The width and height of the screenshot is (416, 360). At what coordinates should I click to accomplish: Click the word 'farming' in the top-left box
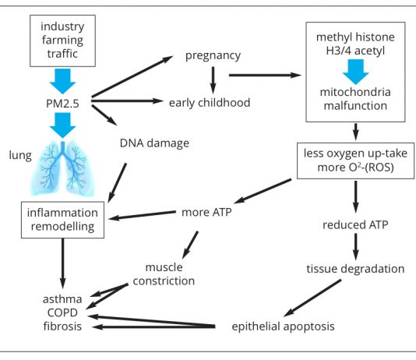pyautogui.click(x=62, y=41)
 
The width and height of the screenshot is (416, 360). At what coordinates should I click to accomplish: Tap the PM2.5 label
pyautogui.click(x=62, y=104)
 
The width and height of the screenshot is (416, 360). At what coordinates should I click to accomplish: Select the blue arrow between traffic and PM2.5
pyautogui.click(x=63, y=81)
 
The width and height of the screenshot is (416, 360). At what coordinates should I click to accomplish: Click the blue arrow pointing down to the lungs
pyautogui.click(x=63, y=125)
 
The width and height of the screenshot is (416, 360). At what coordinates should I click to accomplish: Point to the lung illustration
pyautogui.click(x=63, y=169)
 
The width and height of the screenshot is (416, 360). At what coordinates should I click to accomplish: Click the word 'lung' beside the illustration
pyautogui.click(x=20, y=156)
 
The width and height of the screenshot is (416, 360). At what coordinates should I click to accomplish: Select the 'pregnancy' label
pyautogui.click(x=213, y=56)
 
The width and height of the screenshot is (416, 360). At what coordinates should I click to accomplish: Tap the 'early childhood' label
pyautogui.click(x=210, y=103)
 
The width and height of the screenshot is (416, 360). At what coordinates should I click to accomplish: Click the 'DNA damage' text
pyautogui.click(x=154, y=143)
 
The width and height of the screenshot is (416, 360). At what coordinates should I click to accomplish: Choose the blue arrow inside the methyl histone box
pyautogui.click(x=356, y=72)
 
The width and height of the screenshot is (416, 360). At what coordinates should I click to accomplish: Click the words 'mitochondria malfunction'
pyautogui.click(x=355, y=99)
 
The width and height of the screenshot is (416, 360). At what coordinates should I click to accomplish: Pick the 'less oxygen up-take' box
pyautogui.click(x=355, y=161)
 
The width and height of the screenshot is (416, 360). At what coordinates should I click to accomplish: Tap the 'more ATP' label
pyautogui.click(x=206, y=212)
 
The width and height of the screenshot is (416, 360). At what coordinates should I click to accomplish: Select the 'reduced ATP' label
pyautogui.click(x=355, y=224)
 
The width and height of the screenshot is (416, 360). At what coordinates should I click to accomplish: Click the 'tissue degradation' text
pyautogui.click(x=355, y=269)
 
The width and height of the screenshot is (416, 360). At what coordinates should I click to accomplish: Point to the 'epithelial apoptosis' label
pyautogui.click(x=283, y=326)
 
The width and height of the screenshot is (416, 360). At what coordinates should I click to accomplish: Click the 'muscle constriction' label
pyautogui.click(x=164, y=274)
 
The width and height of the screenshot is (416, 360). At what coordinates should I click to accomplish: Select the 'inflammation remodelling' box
pyautogui.click(x=62, y=220)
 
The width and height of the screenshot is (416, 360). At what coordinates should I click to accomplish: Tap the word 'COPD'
pyautogui.click(x=62, y=312)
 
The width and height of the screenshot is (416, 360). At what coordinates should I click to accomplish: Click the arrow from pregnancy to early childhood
pyautogui.click(x=213, y=80)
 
